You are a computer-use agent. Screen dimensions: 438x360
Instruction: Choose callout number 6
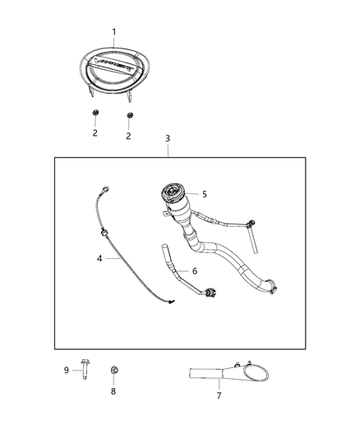coord(194,270)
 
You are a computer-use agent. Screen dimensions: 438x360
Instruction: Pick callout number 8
coord(113,391)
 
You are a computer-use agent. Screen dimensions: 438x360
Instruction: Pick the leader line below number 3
coord(167,150)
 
